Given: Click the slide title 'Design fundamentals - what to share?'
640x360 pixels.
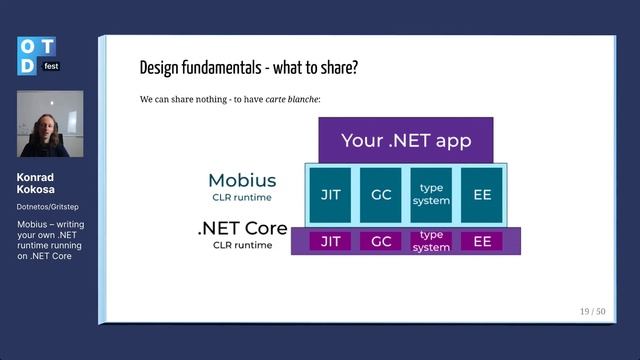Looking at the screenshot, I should (x=248, y=69).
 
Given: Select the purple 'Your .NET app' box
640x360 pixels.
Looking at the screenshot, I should (x=405, y=140).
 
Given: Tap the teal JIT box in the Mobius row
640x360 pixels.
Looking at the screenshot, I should (x=329, y=194).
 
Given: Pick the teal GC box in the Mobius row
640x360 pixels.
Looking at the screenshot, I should (x=380, y=194).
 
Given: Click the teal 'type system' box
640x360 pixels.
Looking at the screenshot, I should (x=431, y=194).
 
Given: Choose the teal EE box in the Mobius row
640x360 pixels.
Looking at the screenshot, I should (x=482, y=194).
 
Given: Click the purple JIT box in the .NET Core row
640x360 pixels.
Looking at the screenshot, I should (x=329, y=241).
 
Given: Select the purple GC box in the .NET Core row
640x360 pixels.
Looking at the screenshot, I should (x=380, y=241).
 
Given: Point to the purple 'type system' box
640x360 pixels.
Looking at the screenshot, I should (x=431, y=241).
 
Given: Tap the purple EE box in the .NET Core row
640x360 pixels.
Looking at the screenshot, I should (x=482, y=241).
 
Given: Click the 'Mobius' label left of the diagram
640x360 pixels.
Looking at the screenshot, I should (x=242, y=181).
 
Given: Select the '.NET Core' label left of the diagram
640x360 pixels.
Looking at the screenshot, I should (x=242, y=229).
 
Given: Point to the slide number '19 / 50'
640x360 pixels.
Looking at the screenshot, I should (x=592, y=311).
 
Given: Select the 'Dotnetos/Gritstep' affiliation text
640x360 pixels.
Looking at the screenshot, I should (x=50, y=207).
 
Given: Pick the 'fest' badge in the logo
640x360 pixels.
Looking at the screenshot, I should (x=51, y=65).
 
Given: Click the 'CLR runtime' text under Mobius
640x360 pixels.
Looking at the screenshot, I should (x=242, y=197).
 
